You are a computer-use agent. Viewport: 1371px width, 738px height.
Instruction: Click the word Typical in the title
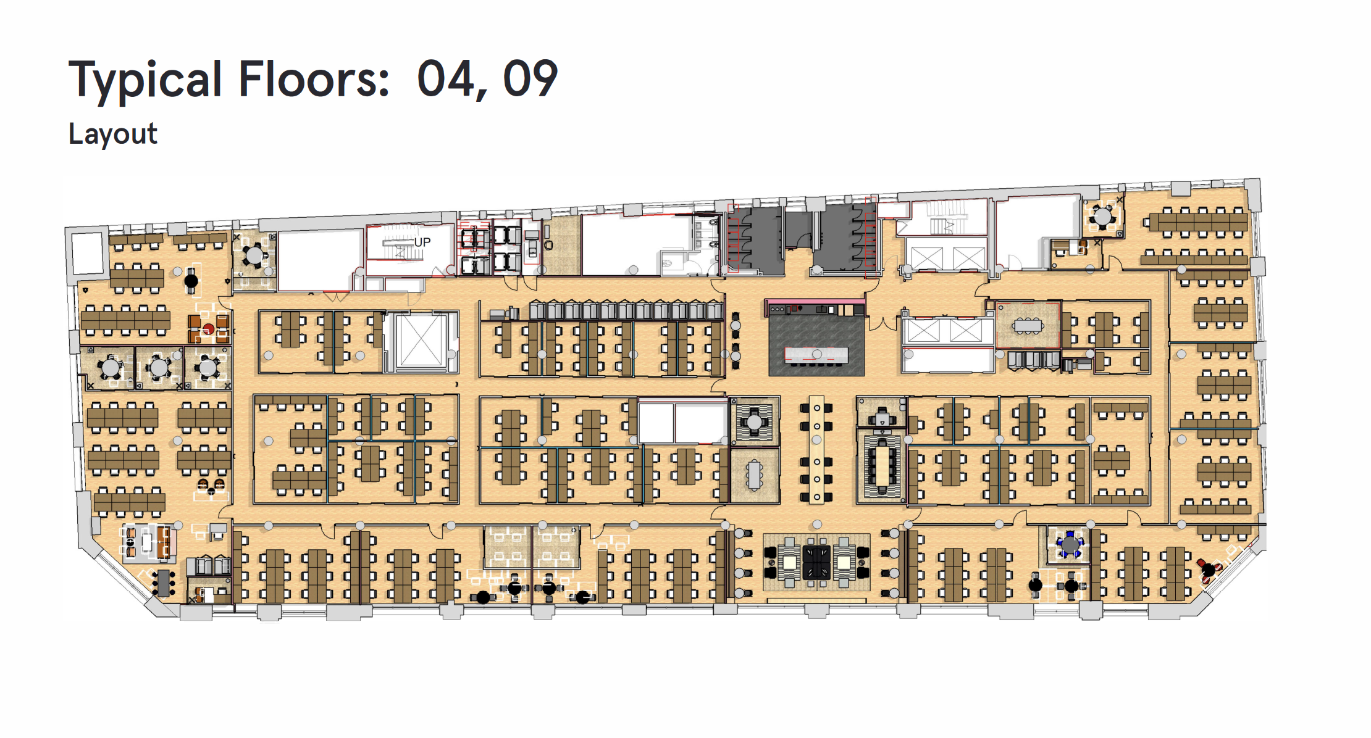point(145,80)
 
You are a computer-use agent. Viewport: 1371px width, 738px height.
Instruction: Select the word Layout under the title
point(113,134)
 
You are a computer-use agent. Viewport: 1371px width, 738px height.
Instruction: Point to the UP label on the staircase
point(422,243)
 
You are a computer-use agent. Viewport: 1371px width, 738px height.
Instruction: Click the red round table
point(209,329)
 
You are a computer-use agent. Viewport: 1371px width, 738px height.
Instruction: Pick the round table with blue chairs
point(1070,545)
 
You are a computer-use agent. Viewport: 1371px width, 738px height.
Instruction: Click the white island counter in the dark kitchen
point(816,354)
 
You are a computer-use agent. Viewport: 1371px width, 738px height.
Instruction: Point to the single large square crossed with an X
point(421,340)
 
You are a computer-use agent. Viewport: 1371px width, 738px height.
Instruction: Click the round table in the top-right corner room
point(1102,217)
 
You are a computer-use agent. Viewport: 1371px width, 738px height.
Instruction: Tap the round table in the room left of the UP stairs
point(254,255)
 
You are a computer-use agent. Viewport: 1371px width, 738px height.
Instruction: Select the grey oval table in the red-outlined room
point(1028,325)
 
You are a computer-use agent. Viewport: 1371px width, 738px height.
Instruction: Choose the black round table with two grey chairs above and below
point(191,281)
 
